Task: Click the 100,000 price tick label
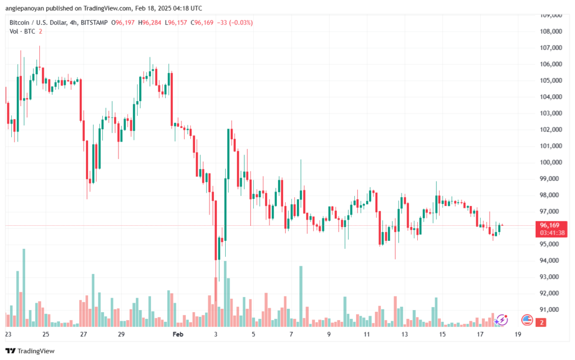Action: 551,162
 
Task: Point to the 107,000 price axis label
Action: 551,48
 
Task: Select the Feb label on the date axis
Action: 178,334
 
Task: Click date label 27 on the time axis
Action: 84,334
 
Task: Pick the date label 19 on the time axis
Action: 518,334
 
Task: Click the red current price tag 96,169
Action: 550,225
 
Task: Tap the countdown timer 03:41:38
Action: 552,233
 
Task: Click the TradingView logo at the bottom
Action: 30,351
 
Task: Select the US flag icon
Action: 527,320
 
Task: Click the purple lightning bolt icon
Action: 501,320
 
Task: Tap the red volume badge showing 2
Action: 541,322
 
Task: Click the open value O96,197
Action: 123,22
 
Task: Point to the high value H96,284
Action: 149,22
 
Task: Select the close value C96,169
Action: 202,22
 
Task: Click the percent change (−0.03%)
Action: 241,22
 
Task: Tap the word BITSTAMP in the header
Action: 94,22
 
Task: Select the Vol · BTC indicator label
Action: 22,31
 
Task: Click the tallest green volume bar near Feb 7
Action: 301,296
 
